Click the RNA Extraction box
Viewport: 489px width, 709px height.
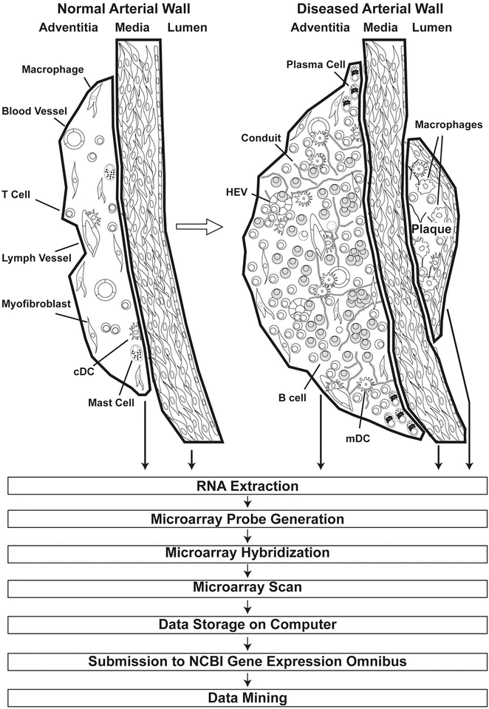click(248, 486)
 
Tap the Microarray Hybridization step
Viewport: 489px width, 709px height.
click(248, 552)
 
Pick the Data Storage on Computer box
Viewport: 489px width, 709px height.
click(248, 625)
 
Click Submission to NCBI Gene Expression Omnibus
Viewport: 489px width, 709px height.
click(248, 660)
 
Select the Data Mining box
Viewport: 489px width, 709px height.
click(248, 696)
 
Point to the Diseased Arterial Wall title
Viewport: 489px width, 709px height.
click(353, 10)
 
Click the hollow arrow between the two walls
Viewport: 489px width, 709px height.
click(213, 225)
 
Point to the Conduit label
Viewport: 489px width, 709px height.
click(259, 137)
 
